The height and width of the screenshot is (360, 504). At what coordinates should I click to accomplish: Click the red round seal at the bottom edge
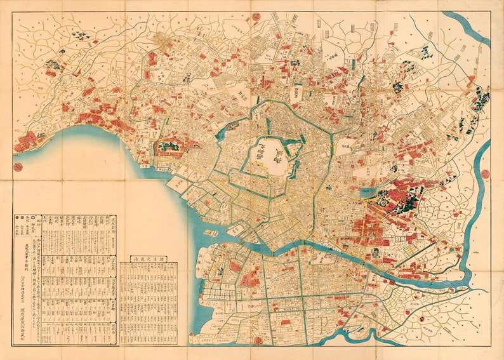pyautogui.click(x=258, y=340)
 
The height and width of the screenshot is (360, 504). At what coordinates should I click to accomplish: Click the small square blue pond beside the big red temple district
pyautogui.click(x=366, y=191)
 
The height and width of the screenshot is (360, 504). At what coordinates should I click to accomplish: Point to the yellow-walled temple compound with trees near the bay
pyautogui.click(x=170, y=147)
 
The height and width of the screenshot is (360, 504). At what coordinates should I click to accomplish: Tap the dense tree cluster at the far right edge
pyautogui.click(x=481, y=100)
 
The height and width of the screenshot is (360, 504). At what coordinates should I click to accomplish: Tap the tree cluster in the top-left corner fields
pyautogui.click(x=79, y=36)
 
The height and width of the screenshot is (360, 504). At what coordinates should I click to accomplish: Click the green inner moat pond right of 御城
pyautogui.click(x=293, y=152)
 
